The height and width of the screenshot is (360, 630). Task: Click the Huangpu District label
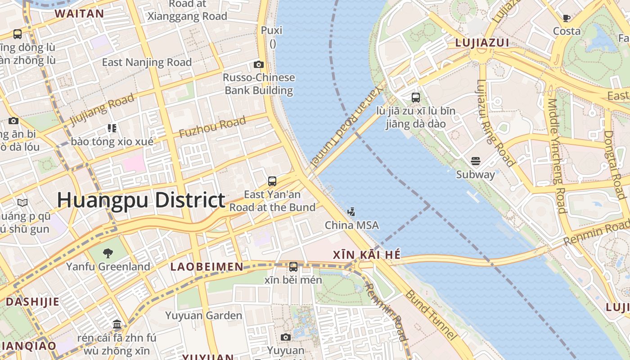coord(141,200)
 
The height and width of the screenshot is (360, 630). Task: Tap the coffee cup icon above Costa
coord(567,18)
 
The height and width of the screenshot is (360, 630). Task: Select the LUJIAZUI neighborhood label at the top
coord(482,43)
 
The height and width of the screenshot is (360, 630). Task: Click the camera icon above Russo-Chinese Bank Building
coord(259,64)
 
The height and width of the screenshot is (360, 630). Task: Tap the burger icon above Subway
coord(475,161)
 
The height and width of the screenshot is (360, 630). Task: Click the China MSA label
coord(351,225)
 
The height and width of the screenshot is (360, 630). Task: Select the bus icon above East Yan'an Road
coord(272,181)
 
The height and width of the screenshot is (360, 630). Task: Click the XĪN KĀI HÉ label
coord(366,255)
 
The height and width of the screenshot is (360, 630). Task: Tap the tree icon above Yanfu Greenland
coord(108,253)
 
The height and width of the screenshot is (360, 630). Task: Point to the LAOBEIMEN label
coord(207,267)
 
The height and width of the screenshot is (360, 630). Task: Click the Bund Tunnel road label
coord(431,315)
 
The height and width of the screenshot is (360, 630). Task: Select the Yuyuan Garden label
coord(203,315)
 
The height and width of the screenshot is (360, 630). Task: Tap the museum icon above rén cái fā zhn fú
coord(117,324)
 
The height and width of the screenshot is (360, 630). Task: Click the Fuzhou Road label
coord(212,127)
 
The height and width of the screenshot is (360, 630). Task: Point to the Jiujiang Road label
coord(102,109)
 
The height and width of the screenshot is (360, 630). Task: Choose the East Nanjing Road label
coord(147,62)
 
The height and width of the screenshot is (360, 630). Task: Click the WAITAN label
coord(79,13)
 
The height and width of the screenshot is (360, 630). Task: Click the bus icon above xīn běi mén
coord(293,266)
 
